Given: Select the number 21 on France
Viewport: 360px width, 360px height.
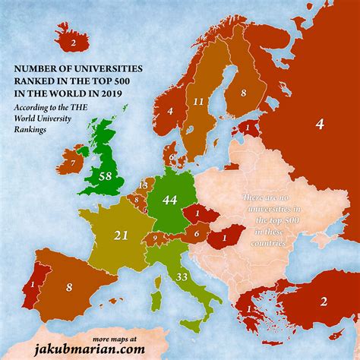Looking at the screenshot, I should pyautogui.click(x=120, y=236).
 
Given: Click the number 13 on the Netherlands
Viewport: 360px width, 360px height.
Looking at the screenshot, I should pyautogui.click(x=142, y=185).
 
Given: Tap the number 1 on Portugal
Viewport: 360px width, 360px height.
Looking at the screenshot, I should pyautogui.click(x=31, y=286).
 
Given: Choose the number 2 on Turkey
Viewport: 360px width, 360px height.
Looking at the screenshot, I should pyautogui.click(x=324, y=302).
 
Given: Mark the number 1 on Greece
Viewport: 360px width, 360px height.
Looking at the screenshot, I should pyautogui.click(x=248, y=310).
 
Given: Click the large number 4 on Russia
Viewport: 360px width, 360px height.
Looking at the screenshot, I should pyautogui.click(x=320, y=124).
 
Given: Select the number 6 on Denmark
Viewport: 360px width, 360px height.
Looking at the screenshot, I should pyautogui.click(x=172, y=158).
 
